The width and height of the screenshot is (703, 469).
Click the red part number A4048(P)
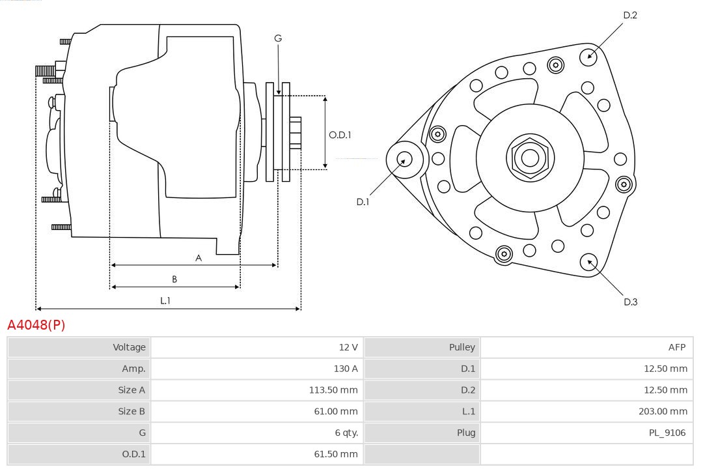click(36, 324)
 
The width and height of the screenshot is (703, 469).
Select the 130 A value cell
click(345, 369)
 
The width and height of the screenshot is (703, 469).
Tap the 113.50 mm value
click(333, 390)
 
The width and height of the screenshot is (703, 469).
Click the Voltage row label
click(129, 347)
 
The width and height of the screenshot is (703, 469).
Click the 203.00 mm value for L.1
click(663, 411)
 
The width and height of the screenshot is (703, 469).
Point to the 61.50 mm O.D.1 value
click(336, 454)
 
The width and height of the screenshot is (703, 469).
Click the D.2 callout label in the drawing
click(629, 15)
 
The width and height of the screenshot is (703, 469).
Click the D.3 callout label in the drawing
click(629, 302)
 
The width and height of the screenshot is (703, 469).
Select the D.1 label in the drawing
click(363, 202)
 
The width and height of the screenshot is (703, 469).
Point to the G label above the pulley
click(278, 38)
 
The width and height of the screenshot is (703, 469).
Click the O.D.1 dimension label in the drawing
click(340, 135)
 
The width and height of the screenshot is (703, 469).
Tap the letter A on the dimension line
click(199, 258)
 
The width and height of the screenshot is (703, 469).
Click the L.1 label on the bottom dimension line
click(165, 300)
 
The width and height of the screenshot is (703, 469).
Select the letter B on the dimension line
click(174, 279)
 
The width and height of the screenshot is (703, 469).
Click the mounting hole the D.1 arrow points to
click(404, 158)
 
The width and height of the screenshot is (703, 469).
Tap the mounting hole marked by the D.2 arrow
click(589, 55)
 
